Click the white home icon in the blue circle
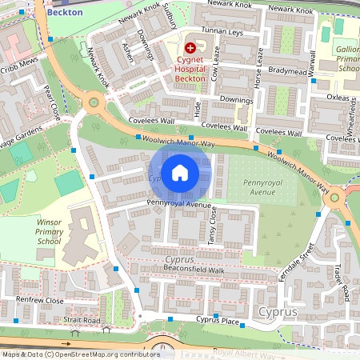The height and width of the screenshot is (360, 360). [x=180, y=172]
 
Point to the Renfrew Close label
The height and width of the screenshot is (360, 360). [x=40, y=300]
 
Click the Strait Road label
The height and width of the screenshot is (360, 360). [x=82, y=320]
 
